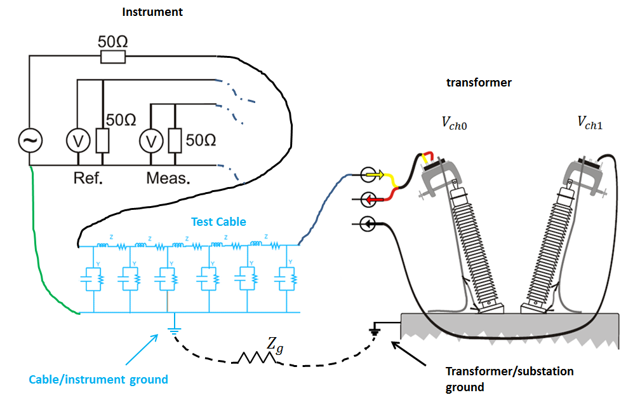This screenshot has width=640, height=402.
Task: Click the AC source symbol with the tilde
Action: click(x=30, y=141)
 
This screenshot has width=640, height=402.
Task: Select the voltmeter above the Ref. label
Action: click(x=77, y=141)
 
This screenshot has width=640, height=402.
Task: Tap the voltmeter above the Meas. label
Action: click(x=150, y=141)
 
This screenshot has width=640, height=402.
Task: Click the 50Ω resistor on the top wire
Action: click(x=112, y=58)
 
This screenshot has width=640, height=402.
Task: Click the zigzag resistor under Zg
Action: click(x=257, y=359)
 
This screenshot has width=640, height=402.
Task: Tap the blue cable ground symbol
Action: click(x=173, y=331)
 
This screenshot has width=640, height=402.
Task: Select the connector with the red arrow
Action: click(x=373, y=199)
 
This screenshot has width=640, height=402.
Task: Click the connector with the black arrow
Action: click(x=367, y=224)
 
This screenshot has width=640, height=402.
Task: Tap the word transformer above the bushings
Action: click(x=479, y=83)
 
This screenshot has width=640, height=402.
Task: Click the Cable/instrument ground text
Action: click(x=98, y=380)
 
